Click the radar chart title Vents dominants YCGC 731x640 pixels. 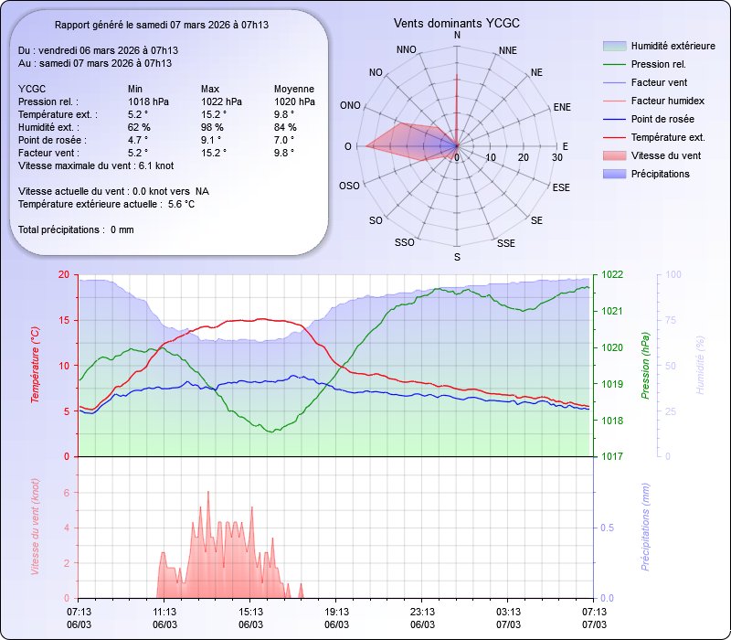pos(457,22)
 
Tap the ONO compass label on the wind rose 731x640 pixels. pos(350,106)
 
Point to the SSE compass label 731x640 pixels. pos(505,243)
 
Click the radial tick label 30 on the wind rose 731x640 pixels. pos(557,158)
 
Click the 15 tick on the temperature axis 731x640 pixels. pos(63,320)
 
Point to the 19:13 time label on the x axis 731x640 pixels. pos(337,611)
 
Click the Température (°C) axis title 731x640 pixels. pos(35,366)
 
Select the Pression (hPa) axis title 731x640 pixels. pos(645,366)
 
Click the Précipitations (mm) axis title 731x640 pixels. pos(645,528)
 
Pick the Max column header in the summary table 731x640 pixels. pos(211,89)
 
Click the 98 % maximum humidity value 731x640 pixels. pos(212,127)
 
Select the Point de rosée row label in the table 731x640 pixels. pos(51,140)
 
